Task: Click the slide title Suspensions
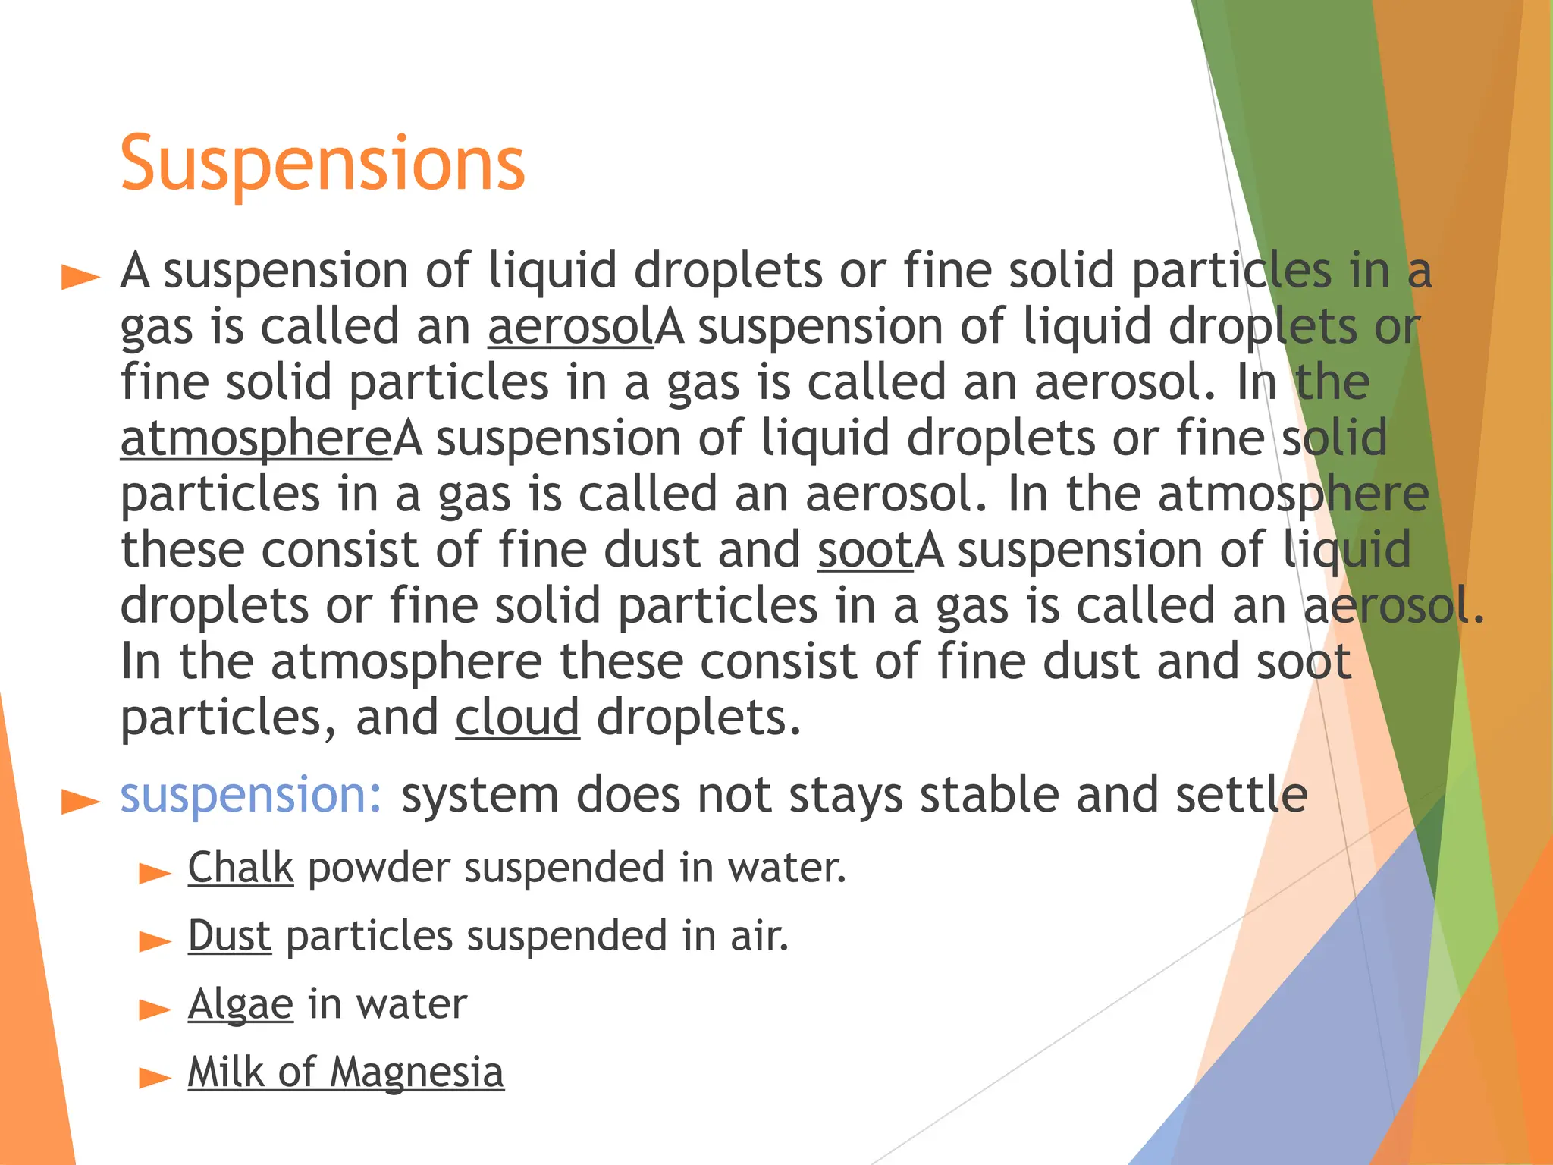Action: [322, 163]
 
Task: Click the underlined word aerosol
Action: [570, 327]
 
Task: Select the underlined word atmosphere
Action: [256, 439]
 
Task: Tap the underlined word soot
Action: [865, 550]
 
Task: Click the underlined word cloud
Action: [517, 718]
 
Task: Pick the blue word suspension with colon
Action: [251, 796]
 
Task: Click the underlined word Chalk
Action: [240, 867]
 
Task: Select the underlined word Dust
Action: [229, 935]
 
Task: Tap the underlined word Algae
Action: [240, 1004]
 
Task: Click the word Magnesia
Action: [416, 1072]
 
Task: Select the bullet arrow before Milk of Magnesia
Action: [155, 1078]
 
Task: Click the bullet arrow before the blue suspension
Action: [80, 802]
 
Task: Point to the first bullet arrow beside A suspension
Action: [80, 278]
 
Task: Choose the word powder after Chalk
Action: [378, 868]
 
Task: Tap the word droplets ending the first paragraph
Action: [698, 718]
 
